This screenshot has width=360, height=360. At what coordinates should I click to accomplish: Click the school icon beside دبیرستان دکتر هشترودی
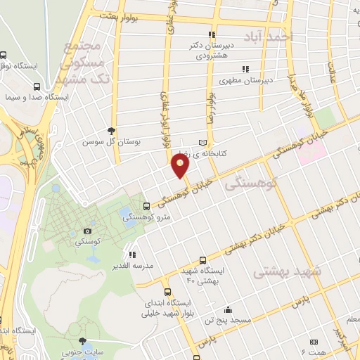coord(210,34)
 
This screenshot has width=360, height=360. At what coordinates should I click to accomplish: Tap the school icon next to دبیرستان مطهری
coord(245,69)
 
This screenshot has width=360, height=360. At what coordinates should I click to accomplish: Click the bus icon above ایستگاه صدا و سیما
coord(37,87)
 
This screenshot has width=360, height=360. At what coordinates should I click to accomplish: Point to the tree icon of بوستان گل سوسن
coord(111,130)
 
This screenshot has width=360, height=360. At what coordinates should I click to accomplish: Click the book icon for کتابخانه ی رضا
coord(205,141)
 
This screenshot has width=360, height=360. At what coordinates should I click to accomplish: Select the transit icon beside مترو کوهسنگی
coord(146,207)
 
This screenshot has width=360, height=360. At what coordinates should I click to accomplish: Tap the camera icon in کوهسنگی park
coord(87,231)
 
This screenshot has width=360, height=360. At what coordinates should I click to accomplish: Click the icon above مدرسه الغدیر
coord(132,255)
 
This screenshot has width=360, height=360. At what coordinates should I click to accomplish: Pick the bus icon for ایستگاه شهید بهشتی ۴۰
coord(203,259)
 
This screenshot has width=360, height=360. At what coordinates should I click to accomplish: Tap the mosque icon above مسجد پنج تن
coord(227,309)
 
